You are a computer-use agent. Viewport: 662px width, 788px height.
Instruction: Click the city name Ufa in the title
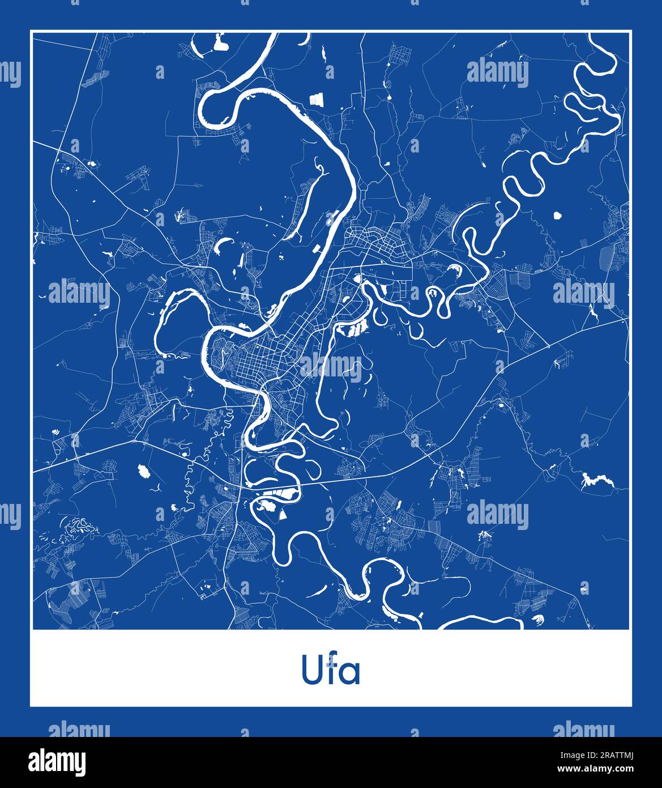click(x=331, y=671)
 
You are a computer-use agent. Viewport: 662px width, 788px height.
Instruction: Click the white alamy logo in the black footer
click(x=57, y=762)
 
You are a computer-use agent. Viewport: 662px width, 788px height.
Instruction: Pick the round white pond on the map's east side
click(x=556, y=216)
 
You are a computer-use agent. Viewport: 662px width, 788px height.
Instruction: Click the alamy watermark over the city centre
click(x=331, y=368)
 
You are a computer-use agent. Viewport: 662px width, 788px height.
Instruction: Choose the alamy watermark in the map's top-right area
click(x=498, y=73)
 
